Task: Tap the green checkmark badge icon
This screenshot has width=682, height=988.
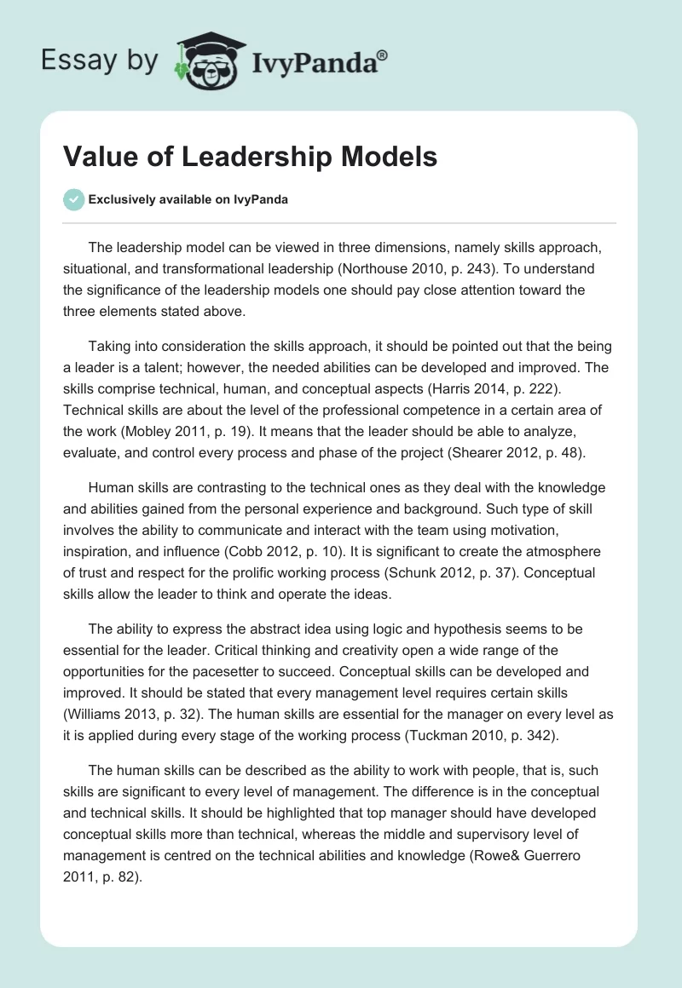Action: pyautogui.click(x=73, y=200)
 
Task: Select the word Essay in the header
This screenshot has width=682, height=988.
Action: pyautogui.click(x=71, y=60)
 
